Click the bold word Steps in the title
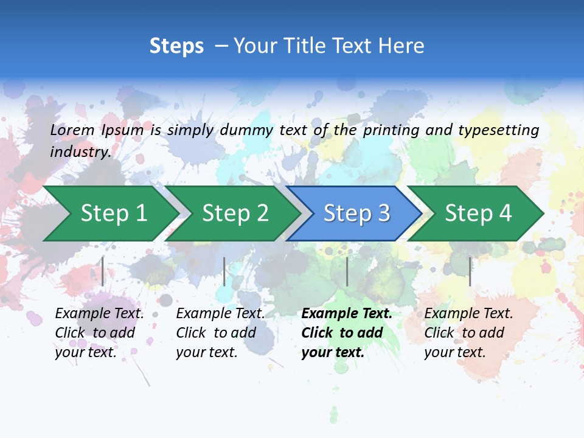point(176,46)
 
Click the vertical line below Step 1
point(103,271)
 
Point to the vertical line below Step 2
point(224,271)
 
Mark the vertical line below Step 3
point(347,271)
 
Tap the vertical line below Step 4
point(470,271)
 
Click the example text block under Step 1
point(99,333)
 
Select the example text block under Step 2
point(220,333)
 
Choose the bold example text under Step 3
point(347,333)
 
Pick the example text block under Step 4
point(468,333)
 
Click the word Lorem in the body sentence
point(72,130)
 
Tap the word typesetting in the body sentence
point(498,130)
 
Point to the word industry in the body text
point(80,151)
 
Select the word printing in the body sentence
point(386,130)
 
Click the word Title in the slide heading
point(308,46)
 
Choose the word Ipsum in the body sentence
point(123,130)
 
